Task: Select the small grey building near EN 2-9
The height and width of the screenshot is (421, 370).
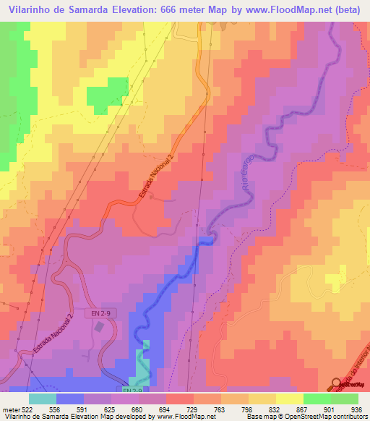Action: click(x=99, y=327)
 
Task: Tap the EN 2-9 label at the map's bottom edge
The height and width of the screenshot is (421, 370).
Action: click(x=131, y=391)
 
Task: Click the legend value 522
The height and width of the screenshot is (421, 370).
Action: click(x=23, y=408)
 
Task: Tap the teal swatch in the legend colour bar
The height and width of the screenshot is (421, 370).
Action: click(x=42, y=398)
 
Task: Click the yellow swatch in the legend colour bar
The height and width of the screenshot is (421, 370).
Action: click(x=289, y=398)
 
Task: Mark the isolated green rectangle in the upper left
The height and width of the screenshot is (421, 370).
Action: click(x=106, y=96)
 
